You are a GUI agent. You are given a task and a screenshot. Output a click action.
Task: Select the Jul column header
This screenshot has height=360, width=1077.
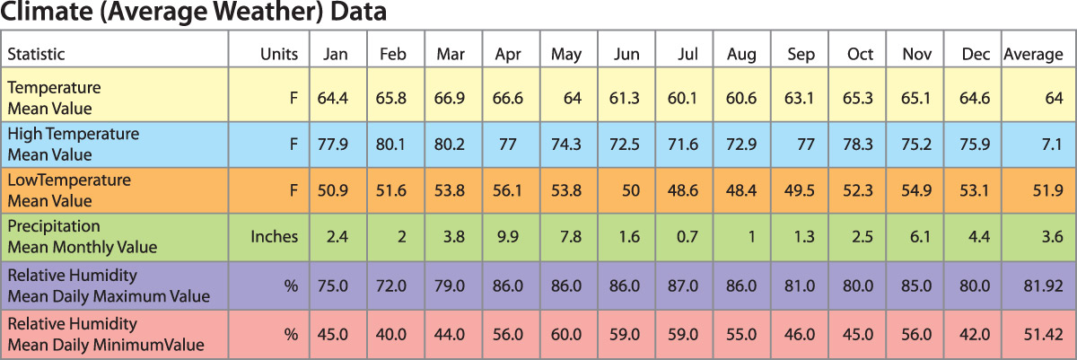tap(688, 54)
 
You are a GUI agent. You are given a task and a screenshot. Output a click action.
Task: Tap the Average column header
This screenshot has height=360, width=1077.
tap(1032, 54)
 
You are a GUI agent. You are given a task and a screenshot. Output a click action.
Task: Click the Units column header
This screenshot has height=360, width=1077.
tap(278, 54)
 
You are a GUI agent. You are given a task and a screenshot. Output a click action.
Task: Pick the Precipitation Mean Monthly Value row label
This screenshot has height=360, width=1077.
tap(82, 237)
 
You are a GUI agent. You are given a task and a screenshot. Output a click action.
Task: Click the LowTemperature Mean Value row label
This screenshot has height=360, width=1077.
tap(68, 190)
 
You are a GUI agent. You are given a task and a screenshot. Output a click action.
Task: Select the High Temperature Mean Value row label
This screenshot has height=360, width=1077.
tap(73, 144)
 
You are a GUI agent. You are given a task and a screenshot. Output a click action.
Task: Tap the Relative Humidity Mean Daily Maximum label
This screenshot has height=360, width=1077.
tap(108, 285)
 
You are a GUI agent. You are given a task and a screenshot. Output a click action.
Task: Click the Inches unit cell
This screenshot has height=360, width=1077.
tap(274, 237)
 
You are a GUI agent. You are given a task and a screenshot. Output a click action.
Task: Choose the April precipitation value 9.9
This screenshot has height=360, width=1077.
tap(509, 237)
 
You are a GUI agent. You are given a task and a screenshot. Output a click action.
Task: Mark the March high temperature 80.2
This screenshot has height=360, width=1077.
tap(451, 144)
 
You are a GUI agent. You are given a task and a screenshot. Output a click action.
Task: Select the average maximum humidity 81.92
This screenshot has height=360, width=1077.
tap(1043, 285)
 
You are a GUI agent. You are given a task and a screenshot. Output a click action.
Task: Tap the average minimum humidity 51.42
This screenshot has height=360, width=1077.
tap(1043, 333)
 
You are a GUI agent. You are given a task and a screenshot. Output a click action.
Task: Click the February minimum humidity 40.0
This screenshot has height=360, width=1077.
tap(392, 333)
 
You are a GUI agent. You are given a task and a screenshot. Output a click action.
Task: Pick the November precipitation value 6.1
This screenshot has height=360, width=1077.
tap(920, 237)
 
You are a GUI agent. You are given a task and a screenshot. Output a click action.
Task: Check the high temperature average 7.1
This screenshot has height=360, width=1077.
tap(1051, 144)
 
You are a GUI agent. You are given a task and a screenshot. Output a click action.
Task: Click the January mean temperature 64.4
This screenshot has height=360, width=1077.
tap(332, 97)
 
